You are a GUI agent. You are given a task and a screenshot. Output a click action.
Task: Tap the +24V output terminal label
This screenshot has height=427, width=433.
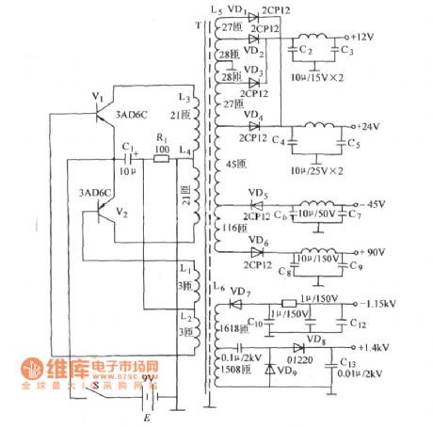pos(371,126)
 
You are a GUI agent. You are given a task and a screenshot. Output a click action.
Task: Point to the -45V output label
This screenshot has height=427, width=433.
pos(373,202)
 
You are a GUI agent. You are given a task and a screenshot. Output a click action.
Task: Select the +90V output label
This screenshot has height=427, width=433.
pos(373,251)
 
